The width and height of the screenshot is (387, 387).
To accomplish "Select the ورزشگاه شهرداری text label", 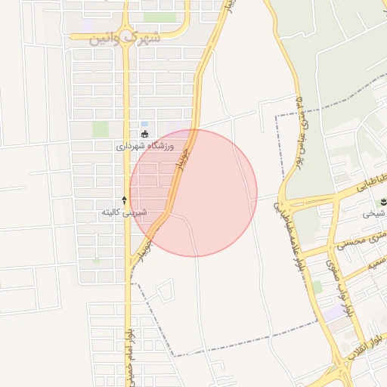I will click(x=145, y=146).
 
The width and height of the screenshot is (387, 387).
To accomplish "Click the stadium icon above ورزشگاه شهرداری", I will click(x=145, y=134).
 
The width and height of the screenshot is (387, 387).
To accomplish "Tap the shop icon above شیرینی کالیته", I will click(x=125, y=201).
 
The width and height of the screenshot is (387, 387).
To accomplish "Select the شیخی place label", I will click(x=370, y=213).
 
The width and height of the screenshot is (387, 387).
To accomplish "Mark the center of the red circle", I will click(x=193, y=193).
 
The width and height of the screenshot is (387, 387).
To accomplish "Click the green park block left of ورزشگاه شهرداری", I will click(x=100, y=129).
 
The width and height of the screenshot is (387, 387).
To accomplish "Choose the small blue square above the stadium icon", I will click(x=144, y=124).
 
